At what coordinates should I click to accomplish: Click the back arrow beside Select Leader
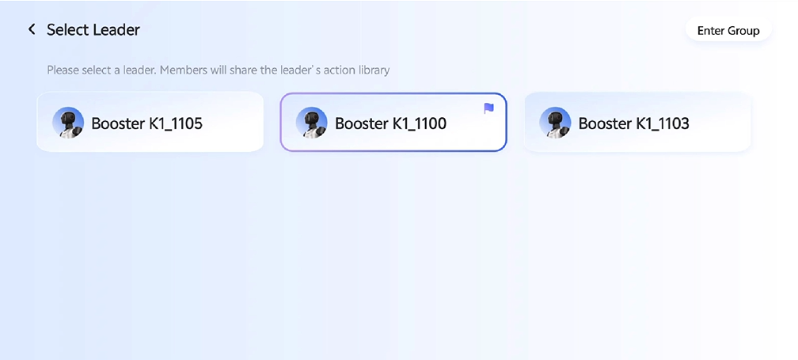tap(32, 29)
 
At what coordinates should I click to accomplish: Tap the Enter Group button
tap(728, 31)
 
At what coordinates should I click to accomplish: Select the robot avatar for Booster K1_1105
tap(68, 123)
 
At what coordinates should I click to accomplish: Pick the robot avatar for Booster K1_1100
tap(311, 123)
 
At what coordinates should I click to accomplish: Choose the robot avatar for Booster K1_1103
tap(555, 123)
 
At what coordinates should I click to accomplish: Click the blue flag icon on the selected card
tap(488, 108)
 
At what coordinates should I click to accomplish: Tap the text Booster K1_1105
tap(146, 123)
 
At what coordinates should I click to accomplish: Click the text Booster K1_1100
tap(390, 123)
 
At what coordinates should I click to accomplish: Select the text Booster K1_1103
tap(633, 123)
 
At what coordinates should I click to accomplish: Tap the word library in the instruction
tap(374, 70)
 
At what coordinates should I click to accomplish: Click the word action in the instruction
tap(342, 70)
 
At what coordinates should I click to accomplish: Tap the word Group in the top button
tap(743, 31)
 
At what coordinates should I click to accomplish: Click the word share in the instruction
tap(247, 70)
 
